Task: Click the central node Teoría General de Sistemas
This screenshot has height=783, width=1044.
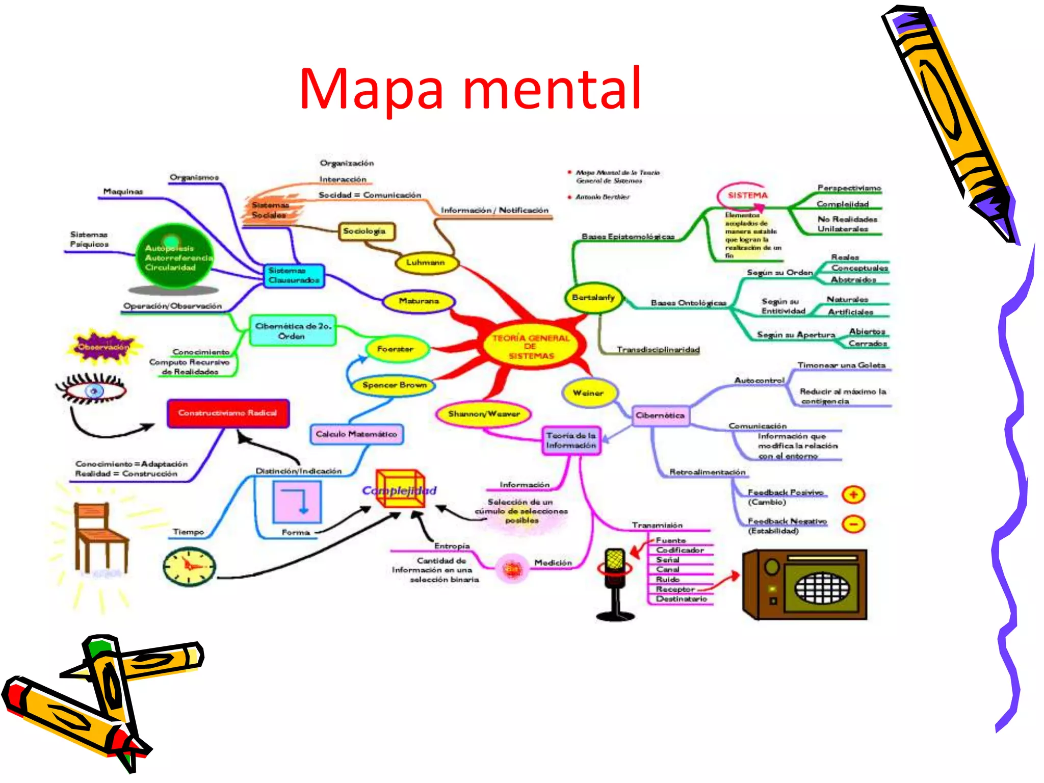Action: [x=531, y=347]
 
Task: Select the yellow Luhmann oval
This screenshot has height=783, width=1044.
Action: [x=426, y=263]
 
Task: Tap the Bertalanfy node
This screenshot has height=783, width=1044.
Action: [x=593, y=298]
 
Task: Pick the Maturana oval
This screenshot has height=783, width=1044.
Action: [x=419, y=301]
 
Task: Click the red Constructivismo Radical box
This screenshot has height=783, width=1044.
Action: [x=228, y=413]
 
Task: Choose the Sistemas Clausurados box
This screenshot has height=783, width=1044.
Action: [x=294, y=275]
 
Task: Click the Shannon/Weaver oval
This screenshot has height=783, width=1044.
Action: [x=483, y=414]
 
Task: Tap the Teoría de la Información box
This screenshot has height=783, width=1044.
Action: [x=571, y=440]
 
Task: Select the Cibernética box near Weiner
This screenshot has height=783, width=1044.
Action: [x=660, y=415]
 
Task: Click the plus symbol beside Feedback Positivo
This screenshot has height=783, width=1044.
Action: [x=853, y=494]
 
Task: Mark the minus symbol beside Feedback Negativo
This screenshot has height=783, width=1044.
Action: [x=853, y=524]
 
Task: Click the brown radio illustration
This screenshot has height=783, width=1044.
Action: [x=804, y=584]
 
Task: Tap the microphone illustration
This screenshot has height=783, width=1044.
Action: [x=615, y=584]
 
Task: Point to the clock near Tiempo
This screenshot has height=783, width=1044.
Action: [x=189, y=566]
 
